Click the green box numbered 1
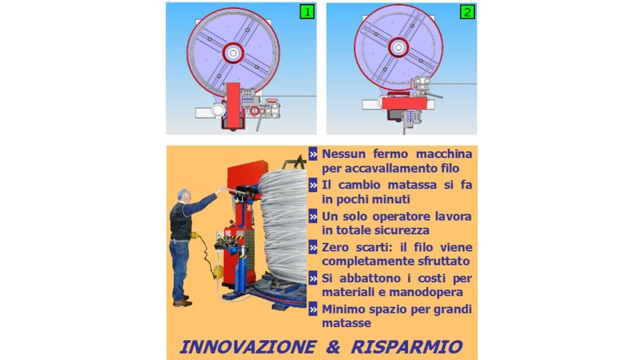point(307,12)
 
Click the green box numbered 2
point(467,12)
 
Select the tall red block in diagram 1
point(234,105)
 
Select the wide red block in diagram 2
point(405,103)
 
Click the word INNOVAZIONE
point(248,347)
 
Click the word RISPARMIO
point(407,347)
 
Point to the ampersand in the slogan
point(333,347)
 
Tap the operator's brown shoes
point(183,302)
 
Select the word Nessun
point(344,154)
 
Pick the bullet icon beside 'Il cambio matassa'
point(313,185)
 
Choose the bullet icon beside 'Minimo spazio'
point(313,309)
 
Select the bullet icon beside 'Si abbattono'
point(313,278)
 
